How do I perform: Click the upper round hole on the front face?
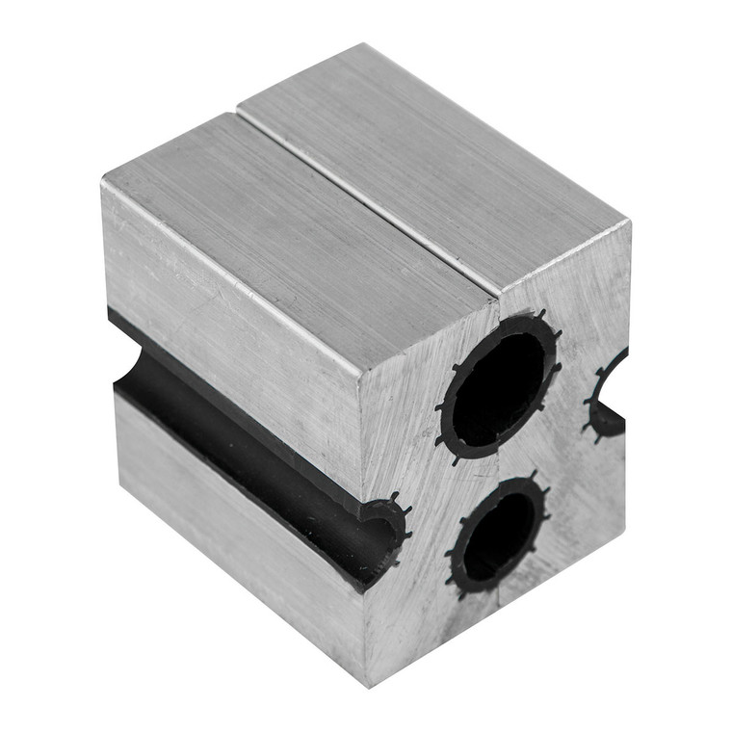tap(499, 381)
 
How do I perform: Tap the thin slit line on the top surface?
tap(366, 202)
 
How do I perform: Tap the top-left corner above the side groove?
tap(103, 183)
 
